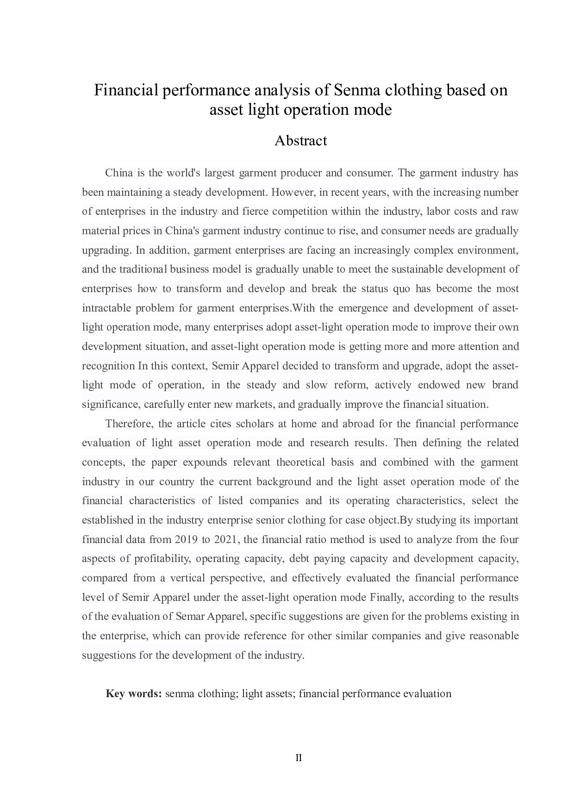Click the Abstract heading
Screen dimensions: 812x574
point(300,141)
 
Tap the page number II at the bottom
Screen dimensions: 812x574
point(299,758)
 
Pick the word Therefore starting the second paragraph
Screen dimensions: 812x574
point(129,424)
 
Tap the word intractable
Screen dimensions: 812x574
point(105,308)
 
